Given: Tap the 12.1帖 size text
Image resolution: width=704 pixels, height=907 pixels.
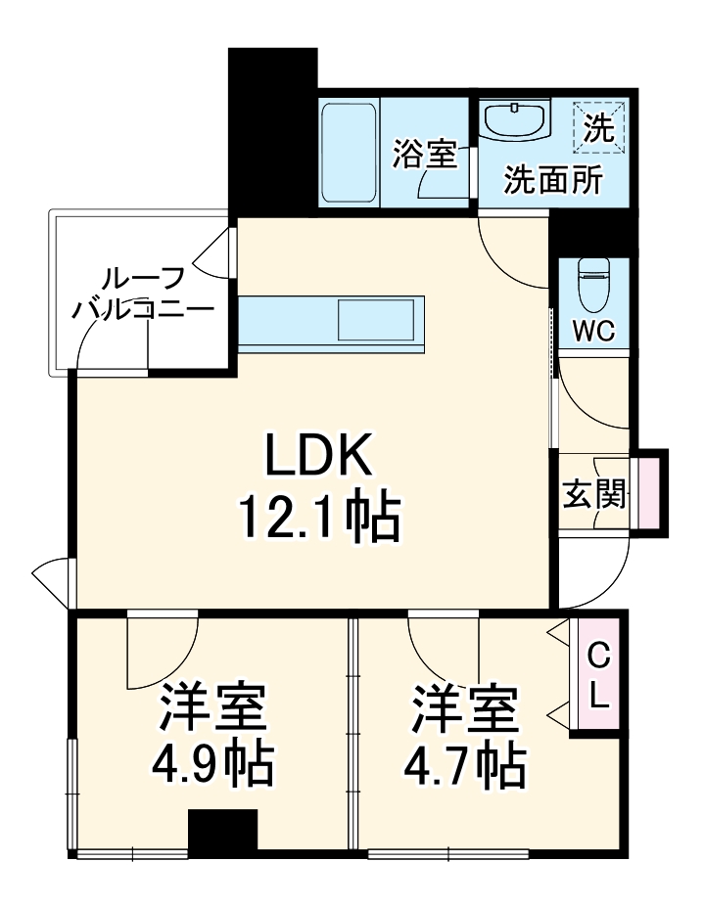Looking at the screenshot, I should pos(319,518).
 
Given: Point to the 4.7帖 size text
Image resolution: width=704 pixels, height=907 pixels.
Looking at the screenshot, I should pos(464,765).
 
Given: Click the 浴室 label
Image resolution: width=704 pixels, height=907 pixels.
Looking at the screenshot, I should pos(425,154).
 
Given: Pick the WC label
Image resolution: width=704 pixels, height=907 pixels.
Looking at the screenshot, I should pos(593,331).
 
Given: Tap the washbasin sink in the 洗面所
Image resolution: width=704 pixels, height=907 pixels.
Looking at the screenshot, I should pos(516,123).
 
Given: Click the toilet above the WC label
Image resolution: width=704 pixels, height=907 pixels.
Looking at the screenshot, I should pos(593,283).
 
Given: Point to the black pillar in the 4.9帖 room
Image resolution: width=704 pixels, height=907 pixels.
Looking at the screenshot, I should pos(222,832).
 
